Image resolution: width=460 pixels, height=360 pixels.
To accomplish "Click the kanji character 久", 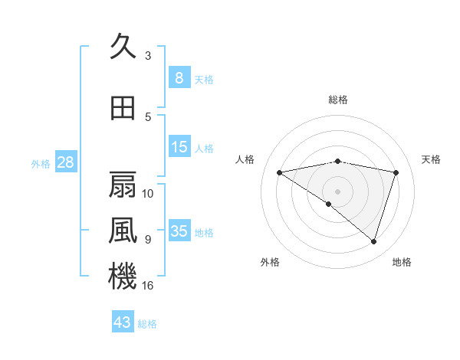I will pos(123,47).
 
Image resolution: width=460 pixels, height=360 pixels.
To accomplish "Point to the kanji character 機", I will pos(123,276).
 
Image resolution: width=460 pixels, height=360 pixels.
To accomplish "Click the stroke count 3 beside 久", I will pos(148,56).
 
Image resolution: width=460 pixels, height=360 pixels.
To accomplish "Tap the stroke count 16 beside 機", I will pos(148,286).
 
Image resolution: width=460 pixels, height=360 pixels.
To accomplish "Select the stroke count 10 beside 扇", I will pos(148,193).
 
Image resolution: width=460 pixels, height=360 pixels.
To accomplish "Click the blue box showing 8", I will pos(179,77).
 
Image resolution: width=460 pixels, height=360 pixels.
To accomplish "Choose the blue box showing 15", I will pos(179,147).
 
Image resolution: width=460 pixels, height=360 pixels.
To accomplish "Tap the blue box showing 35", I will pos(179,231).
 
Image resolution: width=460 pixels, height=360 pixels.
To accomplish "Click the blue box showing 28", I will pos(65,162).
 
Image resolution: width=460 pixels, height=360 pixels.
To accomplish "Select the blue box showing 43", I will pos(123,322).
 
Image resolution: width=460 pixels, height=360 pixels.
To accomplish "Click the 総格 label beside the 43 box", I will pos(147,324).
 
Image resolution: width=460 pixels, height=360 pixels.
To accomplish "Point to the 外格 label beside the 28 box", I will pos(41,163).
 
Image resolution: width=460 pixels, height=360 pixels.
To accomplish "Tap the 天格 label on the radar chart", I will pos(432,159).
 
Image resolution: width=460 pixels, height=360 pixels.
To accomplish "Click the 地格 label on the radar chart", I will pos(402,262).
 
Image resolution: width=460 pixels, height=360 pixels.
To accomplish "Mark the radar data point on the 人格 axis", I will pos(280,172).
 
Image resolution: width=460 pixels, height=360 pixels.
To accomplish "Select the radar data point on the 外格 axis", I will pos(329,204).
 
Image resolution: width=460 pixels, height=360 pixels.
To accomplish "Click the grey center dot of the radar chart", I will pos(337,191).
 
